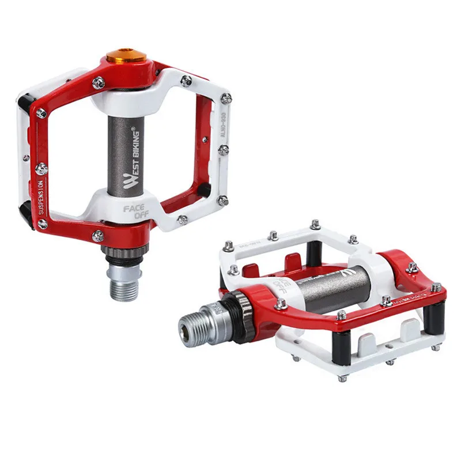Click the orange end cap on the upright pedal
[x=125, y=58]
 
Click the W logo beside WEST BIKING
[x=129, y=183]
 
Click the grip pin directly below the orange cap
[x=99, y=83]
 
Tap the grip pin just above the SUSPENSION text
[x=41, y=169]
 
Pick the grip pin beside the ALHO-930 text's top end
[x=226, y=99]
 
